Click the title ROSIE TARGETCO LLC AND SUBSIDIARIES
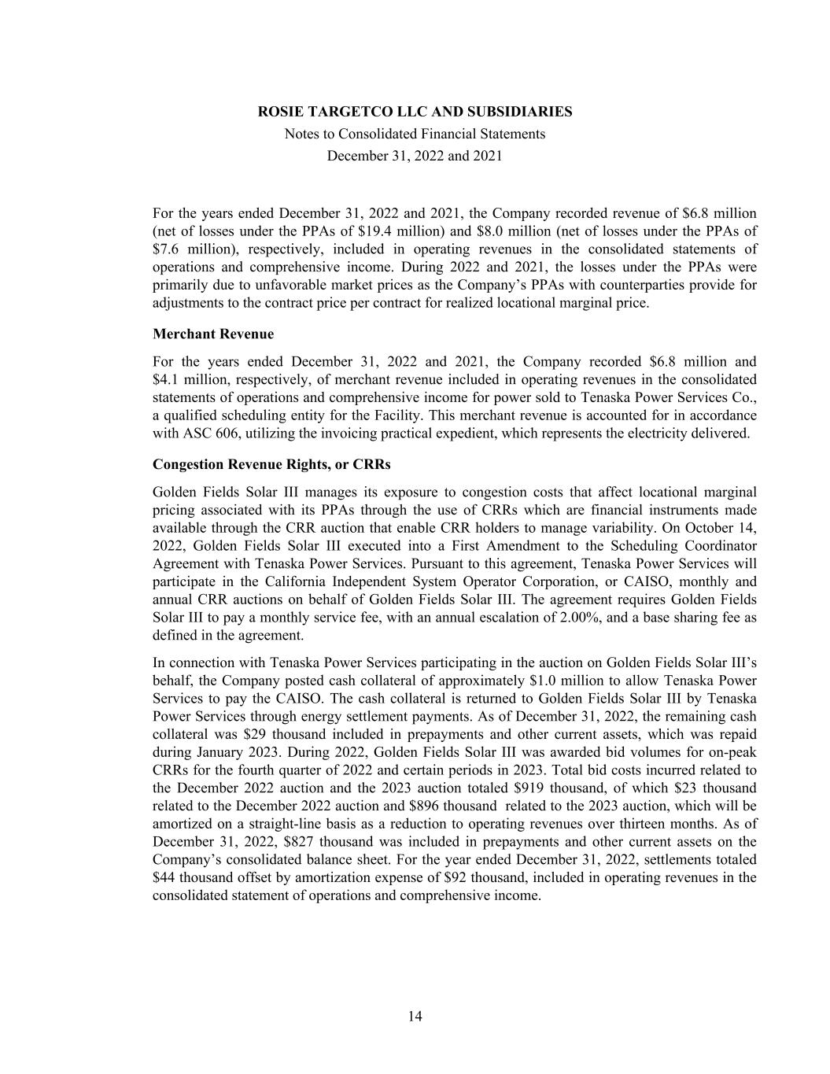pos(415,112)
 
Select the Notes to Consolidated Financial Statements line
pos(415,134)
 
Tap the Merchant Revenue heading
pos(213,334)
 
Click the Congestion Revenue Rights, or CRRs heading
pos(271,464)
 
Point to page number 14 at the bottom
pos(415,1017)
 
